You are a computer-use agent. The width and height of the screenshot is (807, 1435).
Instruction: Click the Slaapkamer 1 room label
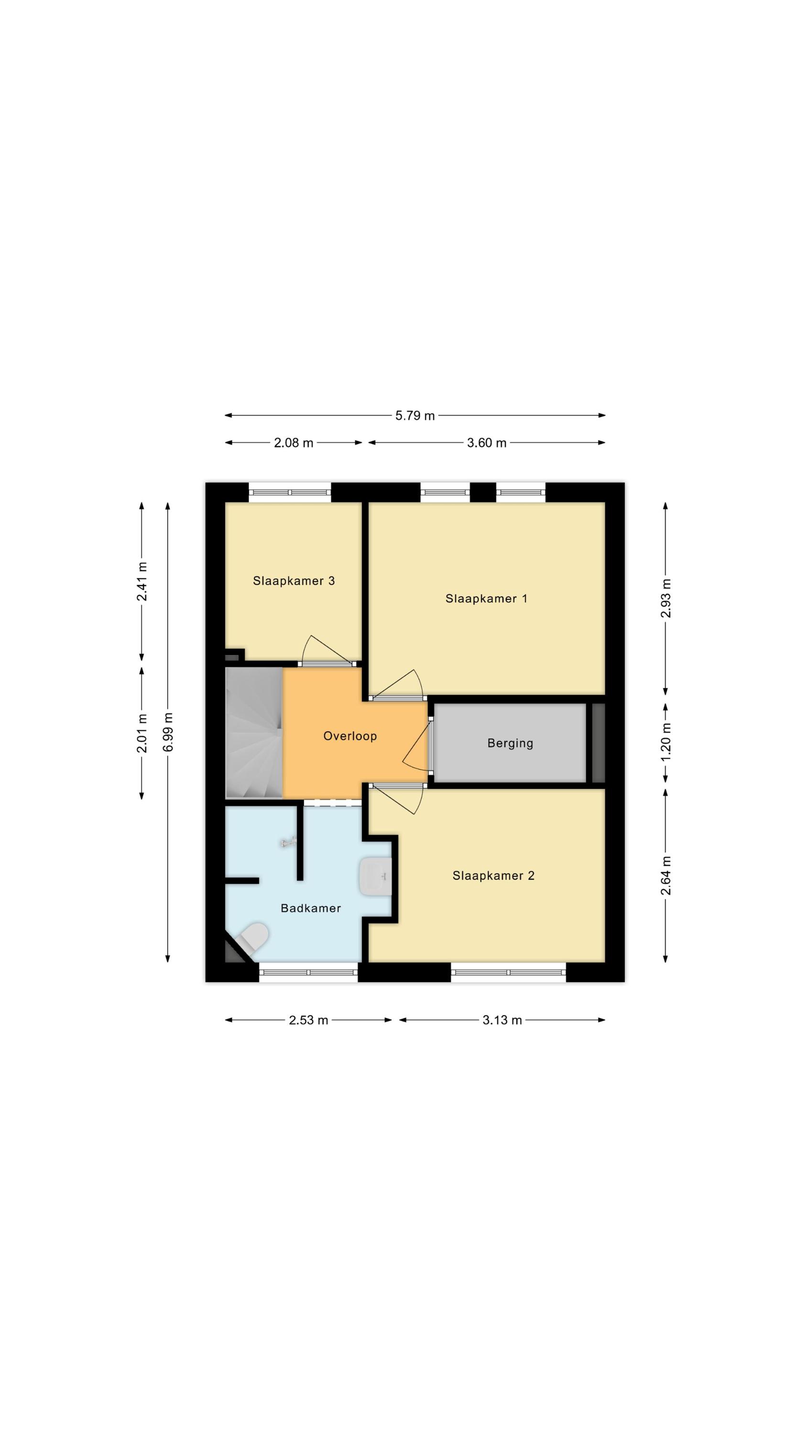point(486,598)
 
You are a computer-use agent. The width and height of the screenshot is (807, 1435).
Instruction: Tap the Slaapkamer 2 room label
point(493,875)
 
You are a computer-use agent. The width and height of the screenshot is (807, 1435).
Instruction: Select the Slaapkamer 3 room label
point(294,581)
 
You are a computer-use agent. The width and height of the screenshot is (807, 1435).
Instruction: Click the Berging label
point(510,743)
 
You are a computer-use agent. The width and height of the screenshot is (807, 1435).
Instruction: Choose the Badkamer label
point(311,908)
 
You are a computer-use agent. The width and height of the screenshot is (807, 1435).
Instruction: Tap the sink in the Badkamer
point(375,876)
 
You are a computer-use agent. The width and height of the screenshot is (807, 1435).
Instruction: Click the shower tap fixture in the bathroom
point(288,843)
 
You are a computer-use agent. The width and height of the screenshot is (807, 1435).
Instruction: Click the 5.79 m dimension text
point(415,416)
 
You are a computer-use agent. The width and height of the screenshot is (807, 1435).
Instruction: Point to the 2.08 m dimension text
point(294,443)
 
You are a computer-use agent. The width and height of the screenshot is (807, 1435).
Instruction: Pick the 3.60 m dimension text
point(487,443)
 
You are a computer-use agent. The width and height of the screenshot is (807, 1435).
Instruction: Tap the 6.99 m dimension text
point(168,731)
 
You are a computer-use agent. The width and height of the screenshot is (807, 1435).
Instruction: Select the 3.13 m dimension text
point(502,1020)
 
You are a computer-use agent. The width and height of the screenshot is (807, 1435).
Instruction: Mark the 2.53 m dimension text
point(308,1020)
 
